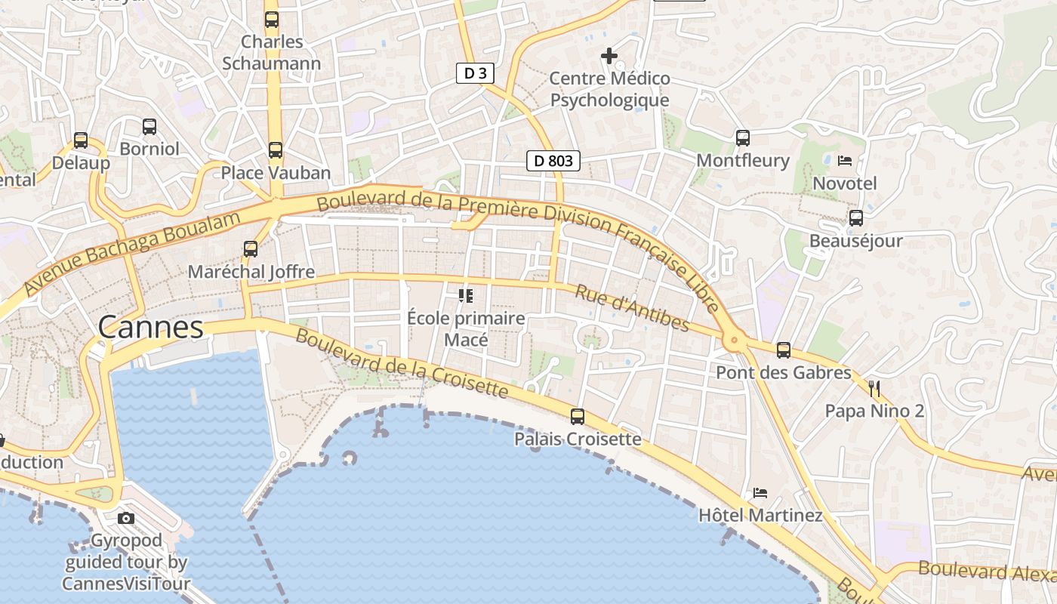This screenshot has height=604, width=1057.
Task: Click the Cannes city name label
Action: (x=151, y=328)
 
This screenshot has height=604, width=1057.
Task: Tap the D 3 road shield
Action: (x=476, y=73)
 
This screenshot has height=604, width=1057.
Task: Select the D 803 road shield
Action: (x=553, y=160)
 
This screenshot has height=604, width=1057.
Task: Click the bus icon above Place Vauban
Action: (x=276, y=150)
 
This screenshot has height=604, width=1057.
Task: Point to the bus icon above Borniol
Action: (x=149, y=126)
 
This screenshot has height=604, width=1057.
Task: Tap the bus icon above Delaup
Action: (x=81, y=140)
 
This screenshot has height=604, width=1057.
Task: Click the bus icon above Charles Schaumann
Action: (x=272, y=20)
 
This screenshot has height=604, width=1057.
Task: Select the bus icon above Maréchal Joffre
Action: (x=251, y=248)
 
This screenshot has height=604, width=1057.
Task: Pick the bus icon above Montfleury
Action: (x=743, y=137)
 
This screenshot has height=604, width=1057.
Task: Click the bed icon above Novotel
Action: (x=845, y=161)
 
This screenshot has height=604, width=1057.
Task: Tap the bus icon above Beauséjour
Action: (x=856, y=218)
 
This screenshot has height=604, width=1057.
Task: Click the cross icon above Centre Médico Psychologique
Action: (x=609, y=56)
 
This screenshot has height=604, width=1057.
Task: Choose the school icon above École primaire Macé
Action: (x=466, y=295)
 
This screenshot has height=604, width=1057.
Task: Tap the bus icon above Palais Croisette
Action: (x=578, y=416)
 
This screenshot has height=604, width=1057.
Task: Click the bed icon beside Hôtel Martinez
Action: (x=760, y=493)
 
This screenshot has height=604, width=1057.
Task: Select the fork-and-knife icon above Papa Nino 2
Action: (x=874, y=389)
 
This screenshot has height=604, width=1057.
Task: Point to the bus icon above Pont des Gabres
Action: (x=784, y=350)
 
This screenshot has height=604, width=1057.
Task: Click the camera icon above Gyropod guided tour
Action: (x=126, y=518)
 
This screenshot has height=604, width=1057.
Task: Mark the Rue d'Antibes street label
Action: (x=633, y=308)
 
